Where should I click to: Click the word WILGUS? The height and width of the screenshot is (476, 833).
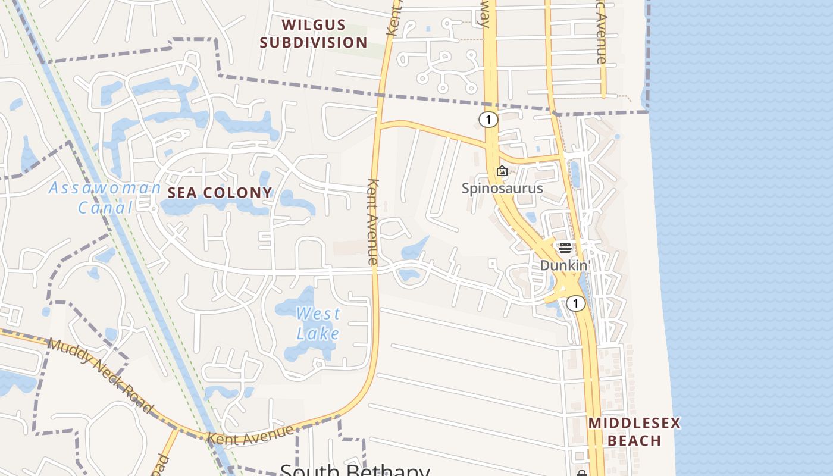314,25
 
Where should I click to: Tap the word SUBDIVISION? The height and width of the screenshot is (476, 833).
314,43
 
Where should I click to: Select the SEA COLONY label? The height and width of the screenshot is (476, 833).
220,193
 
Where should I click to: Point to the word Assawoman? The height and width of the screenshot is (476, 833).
105,188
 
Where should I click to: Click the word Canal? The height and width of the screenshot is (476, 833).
105,208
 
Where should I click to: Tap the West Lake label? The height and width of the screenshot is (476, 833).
318,322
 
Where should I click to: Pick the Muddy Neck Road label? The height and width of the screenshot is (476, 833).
100,375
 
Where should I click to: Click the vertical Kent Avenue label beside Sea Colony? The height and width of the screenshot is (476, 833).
373,221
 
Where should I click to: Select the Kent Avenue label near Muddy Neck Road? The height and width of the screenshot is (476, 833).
250,434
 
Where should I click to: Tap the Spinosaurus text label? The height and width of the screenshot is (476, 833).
502,189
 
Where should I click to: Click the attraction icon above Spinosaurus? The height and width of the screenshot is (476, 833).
502,171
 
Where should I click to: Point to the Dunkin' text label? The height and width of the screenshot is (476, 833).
564,265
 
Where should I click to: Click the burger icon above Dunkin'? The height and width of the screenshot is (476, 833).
565,248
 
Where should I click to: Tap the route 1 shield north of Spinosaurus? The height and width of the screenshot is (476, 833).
488,120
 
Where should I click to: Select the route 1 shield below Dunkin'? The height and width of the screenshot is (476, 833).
575,303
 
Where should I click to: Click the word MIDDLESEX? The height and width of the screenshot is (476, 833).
634,424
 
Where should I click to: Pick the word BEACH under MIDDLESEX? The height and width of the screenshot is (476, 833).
634,441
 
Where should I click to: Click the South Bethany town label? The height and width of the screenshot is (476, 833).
355,470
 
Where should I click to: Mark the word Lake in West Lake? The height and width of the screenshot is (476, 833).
318,333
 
